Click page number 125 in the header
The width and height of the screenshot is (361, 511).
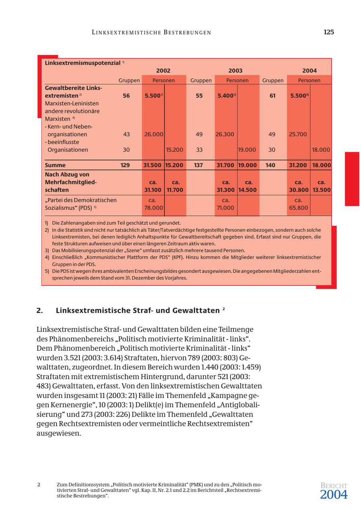[x=329, y=32]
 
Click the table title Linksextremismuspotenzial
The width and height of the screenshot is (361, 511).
[x=83, y=63]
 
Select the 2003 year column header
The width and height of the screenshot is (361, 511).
[x=235, y=71]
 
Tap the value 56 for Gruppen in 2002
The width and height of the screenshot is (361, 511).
[x=126, y=96]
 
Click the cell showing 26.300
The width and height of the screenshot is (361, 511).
[x=225, y=135]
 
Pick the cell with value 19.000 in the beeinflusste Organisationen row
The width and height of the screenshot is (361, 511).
[x=247, y=150]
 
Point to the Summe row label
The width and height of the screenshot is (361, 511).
[x=55, y=165]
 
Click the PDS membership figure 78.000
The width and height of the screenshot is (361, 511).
[x=153, y=208]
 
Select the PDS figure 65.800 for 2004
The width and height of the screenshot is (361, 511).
[x=298, y=208]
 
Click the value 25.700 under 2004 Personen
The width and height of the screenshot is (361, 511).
[x=298, y=135]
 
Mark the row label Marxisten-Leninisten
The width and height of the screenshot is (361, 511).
[x=72, y=104]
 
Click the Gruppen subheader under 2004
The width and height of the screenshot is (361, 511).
[x=273, y=80]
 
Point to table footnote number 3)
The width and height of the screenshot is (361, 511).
[x=47, y=250]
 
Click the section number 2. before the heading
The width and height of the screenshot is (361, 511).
[x=40, y=311]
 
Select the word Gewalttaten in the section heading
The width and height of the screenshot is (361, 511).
[x=196, y=311]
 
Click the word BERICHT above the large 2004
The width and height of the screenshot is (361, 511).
[x=334, y=486]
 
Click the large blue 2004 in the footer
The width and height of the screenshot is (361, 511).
[x=334, y=495]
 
